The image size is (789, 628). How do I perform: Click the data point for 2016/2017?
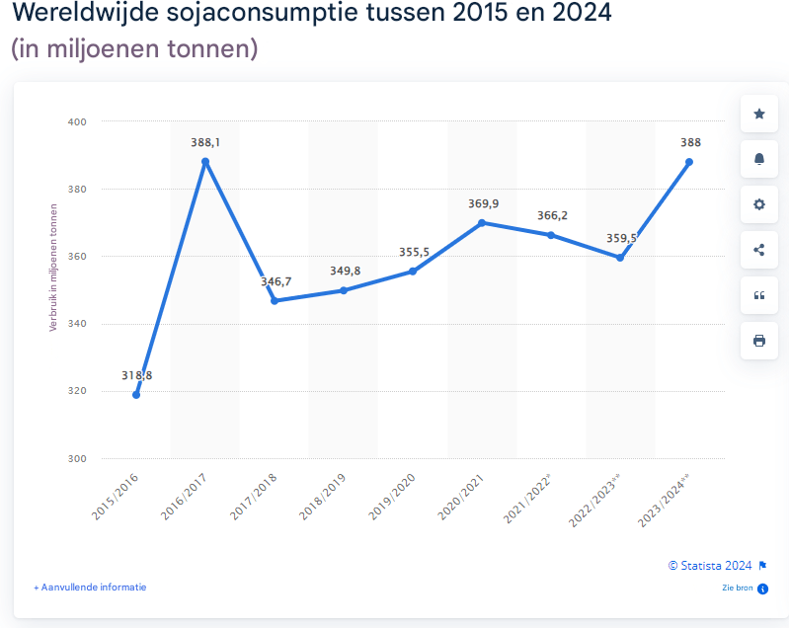tap(205, 162)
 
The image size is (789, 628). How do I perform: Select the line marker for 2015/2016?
tap(136, 395)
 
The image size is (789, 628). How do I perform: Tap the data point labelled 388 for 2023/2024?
tap(689, 162)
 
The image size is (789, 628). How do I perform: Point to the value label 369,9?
tap(483, 203)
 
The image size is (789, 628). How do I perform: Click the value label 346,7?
tap(276, 281)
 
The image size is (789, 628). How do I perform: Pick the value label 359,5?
tap(621, 238)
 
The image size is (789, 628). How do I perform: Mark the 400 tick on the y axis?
tap(77, 122)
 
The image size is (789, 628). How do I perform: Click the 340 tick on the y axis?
tap(77, 324)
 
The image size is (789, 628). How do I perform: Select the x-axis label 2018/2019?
tap(324, 494)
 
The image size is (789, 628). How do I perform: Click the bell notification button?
tap(759, 159)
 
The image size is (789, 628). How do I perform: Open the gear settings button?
tap(759, 204)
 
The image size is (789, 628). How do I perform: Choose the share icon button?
tap(759, 250)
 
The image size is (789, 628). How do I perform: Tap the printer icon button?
tap(759, 341)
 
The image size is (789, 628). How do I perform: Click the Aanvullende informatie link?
tap(90, 587)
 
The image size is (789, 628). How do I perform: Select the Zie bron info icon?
tap(762, 589)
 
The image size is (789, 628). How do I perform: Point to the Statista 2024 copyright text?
tap(710, 566)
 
